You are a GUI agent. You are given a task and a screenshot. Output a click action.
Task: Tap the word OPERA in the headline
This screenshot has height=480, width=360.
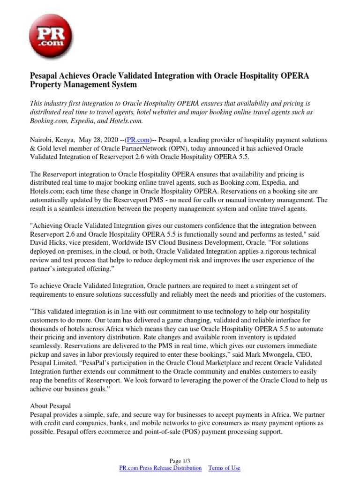294,76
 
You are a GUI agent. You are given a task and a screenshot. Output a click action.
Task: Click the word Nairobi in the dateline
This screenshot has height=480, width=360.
42,140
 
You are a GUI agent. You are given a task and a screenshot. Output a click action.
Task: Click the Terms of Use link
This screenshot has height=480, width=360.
224,468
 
